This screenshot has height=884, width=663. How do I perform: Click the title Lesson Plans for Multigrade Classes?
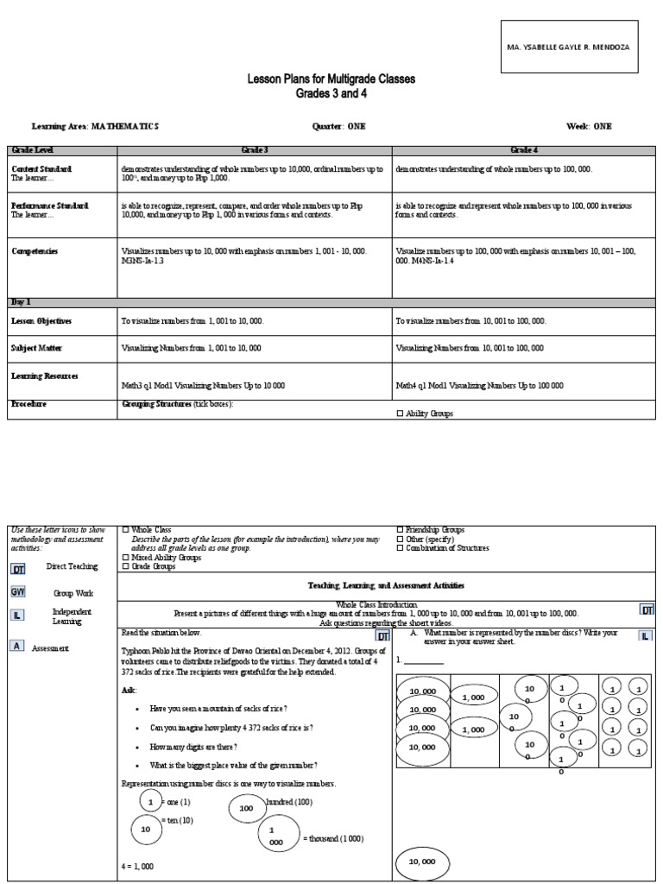331,79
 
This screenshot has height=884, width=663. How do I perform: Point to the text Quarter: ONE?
338,126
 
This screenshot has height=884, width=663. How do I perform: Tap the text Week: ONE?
589,126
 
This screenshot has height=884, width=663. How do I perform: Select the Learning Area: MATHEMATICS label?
95,126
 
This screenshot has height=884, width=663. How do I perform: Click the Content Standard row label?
41,168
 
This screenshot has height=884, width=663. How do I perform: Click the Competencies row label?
35,251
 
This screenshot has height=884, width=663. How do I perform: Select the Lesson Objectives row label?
41,320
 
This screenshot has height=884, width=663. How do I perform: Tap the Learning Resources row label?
45,376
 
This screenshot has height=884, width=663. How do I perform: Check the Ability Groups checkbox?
400,414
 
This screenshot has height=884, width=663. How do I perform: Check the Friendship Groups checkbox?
400,529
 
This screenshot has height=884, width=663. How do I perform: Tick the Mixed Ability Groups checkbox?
126,558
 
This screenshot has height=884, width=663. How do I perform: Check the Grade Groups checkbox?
126,567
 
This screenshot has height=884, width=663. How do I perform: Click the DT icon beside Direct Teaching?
18,569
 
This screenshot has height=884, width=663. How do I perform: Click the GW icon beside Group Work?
18,592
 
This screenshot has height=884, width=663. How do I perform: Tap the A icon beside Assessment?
17,645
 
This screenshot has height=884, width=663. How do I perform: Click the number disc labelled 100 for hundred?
247,808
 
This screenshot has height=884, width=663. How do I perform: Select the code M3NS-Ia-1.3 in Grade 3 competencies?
143,260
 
